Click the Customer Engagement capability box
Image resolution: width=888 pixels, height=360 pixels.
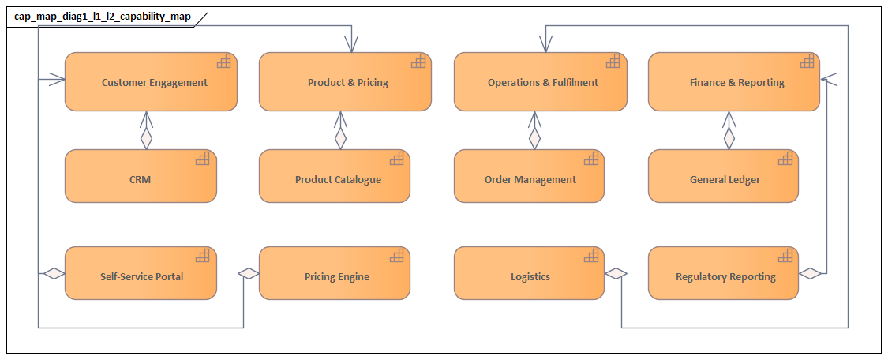tap(150, 82)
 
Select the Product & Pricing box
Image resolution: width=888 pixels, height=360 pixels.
tap(345, 82)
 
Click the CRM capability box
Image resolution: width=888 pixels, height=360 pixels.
tap(140, 179)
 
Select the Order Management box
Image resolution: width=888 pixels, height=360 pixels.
tap(529, 179)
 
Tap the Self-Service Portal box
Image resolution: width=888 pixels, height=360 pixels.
tap(140, 276)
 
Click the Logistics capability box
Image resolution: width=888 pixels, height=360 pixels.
tap(529, 276)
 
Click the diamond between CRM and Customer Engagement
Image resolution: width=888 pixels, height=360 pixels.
tap(145, 139)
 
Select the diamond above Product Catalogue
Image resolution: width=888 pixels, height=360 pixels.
tap(340, 139)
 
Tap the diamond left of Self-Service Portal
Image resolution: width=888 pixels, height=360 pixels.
tap(53, 273)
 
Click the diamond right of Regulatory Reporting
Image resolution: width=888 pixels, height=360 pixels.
tap(810, 273)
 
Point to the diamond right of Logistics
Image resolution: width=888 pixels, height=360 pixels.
tap(616, 273)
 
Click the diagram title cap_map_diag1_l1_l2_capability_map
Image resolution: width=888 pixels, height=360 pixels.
tap(103, 16)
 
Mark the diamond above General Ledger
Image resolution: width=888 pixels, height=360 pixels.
tap(729, 139)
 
